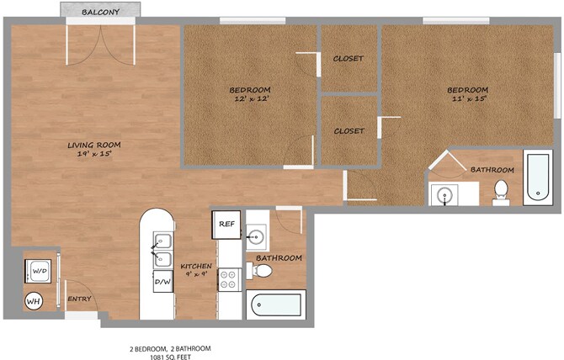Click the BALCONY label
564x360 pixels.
[x=100, y=12]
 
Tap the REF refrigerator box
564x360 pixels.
[x=226, y=225]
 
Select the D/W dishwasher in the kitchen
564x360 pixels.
[x=163, y=281]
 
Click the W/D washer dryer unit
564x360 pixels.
[x=39, y=271]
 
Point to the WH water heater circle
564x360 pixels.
[x=34, y=301]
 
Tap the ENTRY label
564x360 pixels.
[x=79, y=299]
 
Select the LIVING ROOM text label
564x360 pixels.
[x=94, y=146]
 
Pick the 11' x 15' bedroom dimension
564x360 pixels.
[x=469, y=98]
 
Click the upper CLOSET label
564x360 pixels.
[x=349, y=59]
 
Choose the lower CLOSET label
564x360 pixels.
[x=349, y=131]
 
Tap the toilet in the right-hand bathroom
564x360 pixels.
[x=501, y=193]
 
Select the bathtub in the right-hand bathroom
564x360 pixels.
[x=538, y=177]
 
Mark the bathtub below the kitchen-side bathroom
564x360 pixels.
[x=276, y=304]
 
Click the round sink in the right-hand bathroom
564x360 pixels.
[x=445, y=196]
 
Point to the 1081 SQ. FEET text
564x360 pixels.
[x=171, y=357]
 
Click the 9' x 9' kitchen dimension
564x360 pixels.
[x=196, y=273]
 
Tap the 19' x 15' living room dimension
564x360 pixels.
[x=94, y=154]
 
